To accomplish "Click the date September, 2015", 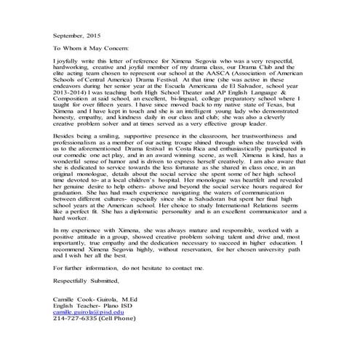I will click(x=78, y=33).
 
